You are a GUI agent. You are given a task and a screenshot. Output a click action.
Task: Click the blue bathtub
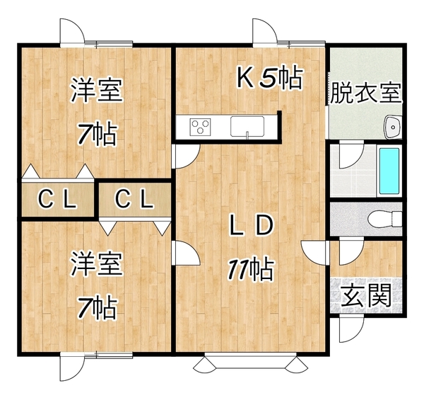pyautogui.click(x=389, y=171)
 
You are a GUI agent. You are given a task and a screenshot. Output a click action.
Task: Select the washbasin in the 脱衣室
pyautogui.click(x=392, y=127)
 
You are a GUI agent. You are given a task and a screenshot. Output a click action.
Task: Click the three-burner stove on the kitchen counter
pyautogui.click(x=201, y=127)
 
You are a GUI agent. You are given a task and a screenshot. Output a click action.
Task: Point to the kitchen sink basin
pyautogui.click(x=247, y=126)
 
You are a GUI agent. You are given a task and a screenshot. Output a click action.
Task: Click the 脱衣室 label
pyautogui.click(x=366, y=93)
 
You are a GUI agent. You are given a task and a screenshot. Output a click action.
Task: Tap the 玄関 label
pyautogui.click(x=366, y=295)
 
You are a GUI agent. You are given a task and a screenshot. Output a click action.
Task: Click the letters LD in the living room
pyautogui.click(x=250, y=224)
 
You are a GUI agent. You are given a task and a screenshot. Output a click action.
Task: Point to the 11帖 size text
pyautogui.click(x=251, y=269)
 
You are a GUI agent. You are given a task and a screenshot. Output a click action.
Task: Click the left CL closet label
pyautogui.click(x=57, y=199)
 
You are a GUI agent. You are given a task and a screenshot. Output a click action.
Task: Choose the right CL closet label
pyautogui.click(x=134, y=199)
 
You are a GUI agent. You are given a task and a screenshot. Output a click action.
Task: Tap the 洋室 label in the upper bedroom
pyautogui.click(x=97, y=90)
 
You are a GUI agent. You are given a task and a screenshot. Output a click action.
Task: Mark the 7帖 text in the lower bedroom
pyautogui.click(x=98, y=307)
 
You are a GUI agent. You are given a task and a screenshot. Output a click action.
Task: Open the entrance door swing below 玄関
pyautogui.click(x=352, y=329)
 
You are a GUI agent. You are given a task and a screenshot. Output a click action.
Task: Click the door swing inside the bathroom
pyautogui.click(x=352, y=156)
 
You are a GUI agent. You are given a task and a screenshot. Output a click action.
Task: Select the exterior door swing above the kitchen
pyautogui.click(x=265, y=31)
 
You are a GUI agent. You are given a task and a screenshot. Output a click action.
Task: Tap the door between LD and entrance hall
pyautogui.click(x=314, y=253)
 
